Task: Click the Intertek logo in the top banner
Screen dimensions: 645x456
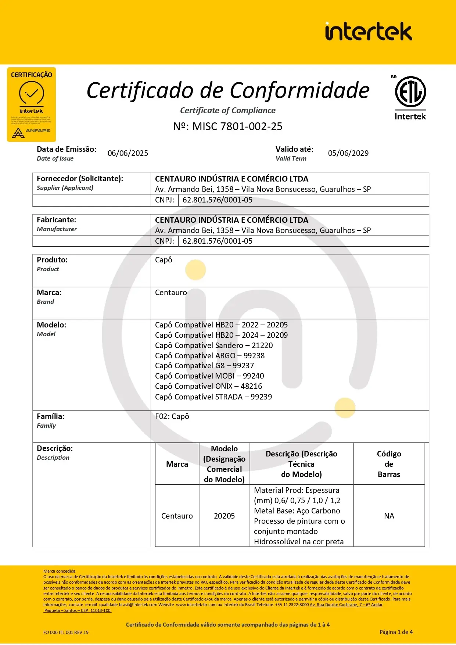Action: point(368,31)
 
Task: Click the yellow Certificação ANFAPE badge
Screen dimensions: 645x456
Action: point(31,104)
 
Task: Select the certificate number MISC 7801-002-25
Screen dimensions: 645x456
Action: point(228,126)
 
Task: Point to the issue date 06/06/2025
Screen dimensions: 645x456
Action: point(128,153)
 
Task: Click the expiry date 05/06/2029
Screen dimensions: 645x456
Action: point(348,153)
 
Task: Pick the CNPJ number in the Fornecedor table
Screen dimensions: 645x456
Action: point(218,200)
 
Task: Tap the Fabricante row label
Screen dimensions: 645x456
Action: point(57,220)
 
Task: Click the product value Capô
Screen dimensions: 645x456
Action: point(164,260)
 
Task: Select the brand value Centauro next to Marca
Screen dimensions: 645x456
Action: point(171,293)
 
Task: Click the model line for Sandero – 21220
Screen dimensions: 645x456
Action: point(214,345)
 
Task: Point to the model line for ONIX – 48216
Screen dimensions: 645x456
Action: point(208,386)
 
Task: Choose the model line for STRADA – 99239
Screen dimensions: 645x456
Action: point(213,397)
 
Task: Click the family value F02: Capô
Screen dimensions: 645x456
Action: point(172,416)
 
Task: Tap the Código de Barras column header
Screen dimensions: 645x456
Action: point(389,464)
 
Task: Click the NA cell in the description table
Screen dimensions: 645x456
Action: point(389,516)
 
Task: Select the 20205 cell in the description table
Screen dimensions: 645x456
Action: point(224,516)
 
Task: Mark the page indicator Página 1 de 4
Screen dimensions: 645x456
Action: point(396,632)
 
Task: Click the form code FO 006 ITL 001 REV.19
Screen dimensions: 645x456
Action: point(66,633)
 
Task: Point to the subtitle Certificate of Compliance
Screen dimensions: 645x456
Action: point(227,110)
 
